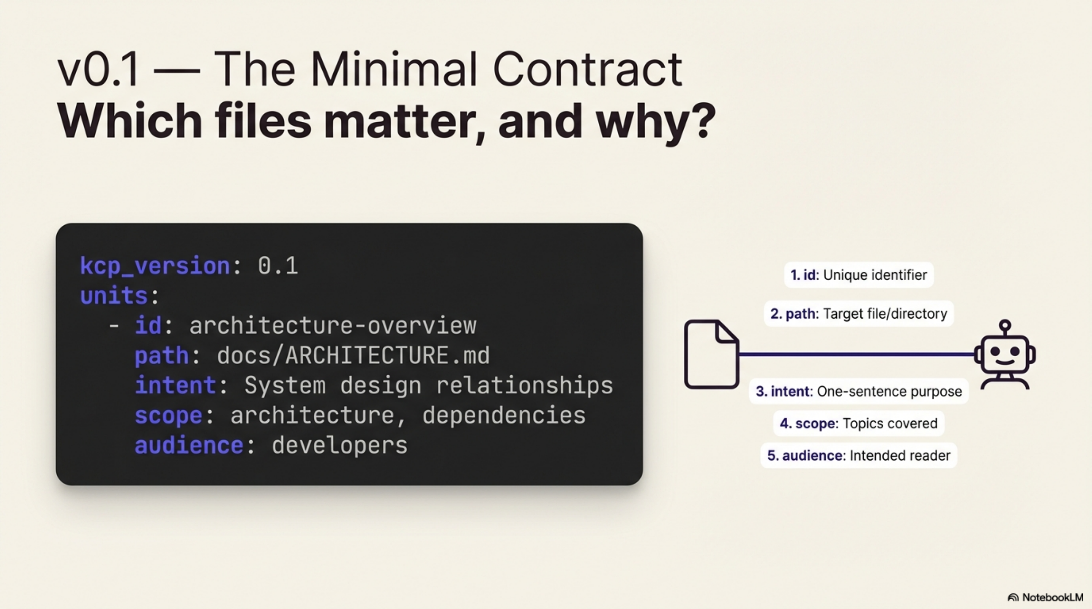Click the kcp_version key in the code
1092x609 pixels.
(x=155, y=266)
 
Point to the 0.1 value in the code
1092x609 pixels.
(x=278, y=266)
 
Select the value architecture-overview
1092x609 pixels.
(x=333, y=326)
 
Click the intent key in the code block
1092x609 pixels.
(x=176, y=386)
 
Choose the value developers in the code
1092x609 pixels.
(x=339, y=446)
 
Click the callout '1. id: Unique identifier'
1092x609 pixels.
(x=859, y=275)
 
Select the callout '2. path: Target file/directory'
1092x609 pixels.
(x=859, y=314)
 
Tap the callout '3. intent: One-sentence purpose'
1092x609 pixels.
(x=859, y=391)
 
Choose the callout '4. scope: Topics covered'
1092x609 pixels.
(x=859, y=424)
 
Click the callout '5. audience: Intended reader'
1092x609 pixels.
(x=859, y=456)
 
